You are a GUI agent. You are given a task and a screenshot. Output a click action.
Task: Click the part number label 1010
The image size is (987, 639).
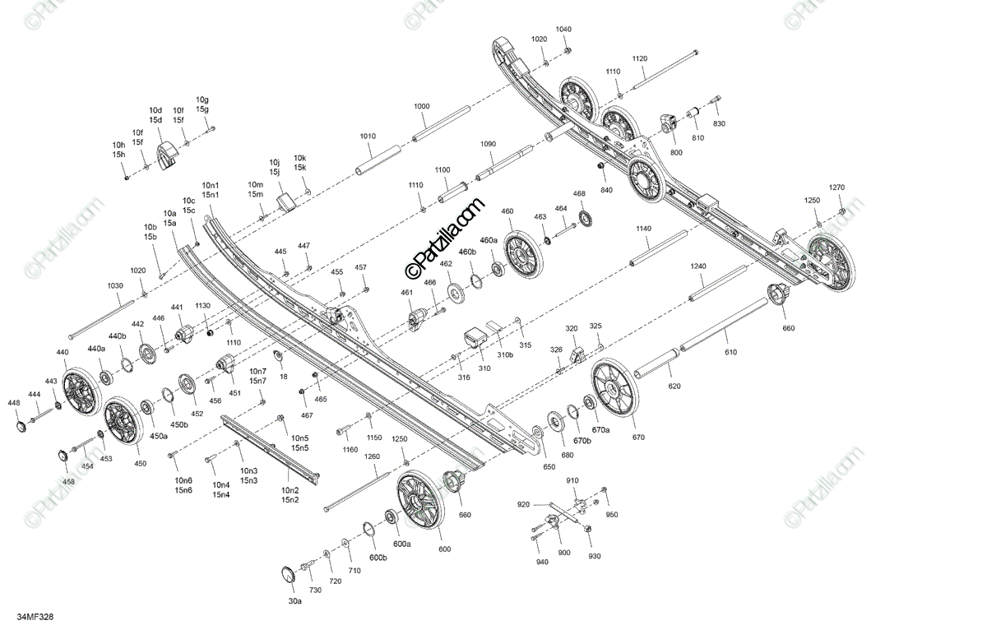tap(368, 137)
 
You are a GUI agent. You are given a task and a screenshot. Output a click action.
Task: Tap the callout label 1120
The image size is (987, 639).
tap(640, 58)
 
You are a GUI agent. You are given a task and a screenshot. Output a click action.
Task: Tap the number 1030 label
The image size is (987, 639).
tap(114, 285)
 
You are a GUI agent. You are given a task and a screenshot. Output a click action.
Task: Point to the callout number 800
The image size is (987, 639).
tap(676, 153)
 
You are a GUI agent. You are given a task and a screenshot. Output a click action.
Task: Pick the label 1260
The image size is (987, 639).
tap(372, 456)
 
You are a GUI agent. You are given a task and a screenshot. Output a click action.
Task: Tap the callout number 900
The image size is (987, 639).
tap(564, 553)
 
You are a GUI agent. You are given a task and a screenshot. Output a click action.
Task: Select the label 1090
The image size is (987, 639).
tap(488, 144)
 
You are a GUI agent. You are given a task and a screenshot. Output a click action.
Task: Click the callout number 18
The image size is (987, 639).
tap(284, 376)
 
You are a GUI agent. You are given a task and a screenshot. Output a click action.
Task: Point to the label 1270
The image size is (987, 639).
tap(836, 187)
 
